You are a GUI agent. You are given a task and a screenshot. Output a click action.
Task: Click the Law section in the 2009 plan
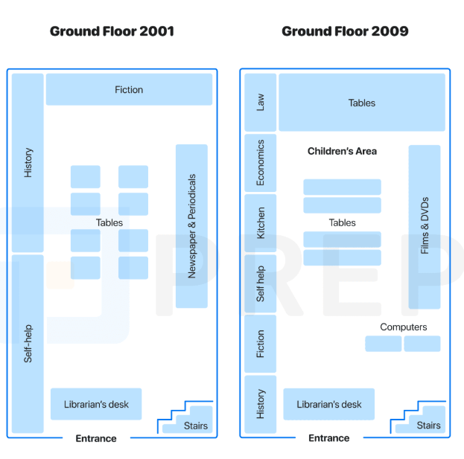[x=261, y=102]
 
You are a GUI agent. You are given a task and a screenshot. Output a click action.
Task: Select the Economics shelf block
[x=261, y=163]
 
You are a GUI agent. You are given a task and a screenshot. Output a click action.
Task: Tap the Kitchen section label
[x=261, y=223]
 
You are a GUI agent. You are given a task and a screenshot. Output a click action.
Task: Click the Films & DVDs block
[x=425, y=227]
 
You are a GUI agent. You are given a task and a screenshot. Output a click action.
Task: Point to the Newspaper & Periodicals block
[x=191, y=226]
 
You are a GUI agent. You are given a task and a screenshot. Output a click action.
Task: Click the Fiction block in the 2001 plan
[x=129, y=89]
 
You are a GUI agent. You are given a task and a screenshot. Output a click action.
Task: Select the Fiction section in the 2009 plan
[x=261, y=344]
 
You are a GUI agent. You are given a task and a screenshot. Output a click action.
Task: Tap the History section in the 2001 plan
[x=28, y=163]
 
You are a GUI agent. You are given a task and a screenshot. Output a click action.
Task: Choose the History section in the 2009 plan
[x=261, y=405]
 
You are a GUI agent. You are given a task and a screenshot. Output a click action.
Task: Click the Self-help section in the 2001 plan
[x=28, y=344]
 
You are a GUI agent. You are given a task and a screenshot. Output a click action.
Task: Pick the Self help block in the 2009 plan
[x=261, y=283]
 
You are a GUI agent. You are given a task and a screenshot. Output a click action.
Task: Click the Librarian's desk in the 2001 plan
[x=96, y=404]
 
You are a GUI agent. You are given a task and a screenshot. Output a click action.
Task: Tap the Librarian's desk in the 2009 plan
[x=329, y=404]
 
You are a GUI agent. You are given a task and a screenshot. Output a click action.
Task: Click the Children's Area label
[x=342, y=151]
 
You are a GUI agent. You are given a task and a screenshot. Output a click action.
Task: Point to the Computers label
[x=404, y=327]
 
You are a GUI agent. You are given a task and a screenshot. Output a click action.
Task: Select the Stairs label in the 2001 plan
[x=196, y=426]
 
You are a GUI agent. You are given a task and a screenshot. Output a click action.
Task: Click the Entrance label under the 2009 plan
[x=328, y=438]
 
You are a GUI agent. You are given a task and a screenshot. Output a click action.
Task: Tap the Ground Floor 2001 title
[x=112, y=31]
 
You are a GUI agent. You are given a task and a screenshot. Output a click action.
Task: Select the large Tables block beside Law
[x=362, y=102]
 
